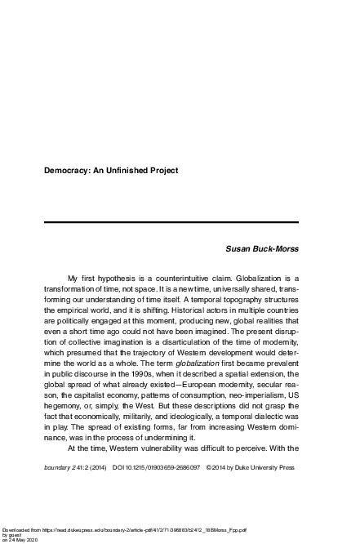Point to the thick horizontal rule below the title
(171, 222)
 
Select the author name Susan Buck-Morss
(261, 246)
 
